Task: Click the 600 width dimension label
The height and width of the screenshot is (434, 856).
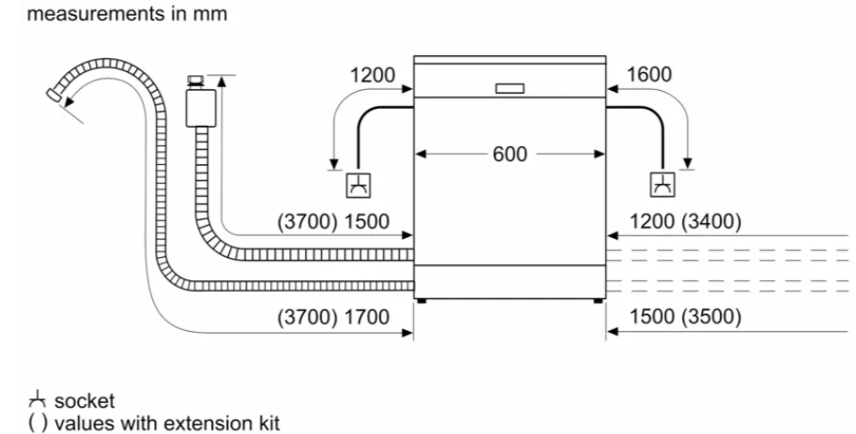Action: pyautogui.click(x=510, y=155)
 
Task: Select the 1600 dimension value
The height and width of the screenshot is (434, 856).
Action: pyautogui.click(x=649, y=75)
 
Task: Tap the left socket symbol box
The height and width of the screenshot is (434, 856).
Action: pyautogui.click(x=359, y=186)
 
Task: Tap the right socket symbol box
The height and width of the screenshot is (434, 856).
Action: pyautogui.click(x=663, y=185)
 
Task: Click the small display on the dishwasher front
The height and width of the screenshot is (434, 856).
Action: pyautogui.click(x=510, y=88)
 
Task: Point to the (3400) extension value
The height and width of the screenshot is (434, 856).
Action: pyautogui.click(x=711, y=222)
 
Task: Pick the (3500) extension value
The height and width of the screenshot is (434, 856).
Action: pyautogui.click(x=711, y=317)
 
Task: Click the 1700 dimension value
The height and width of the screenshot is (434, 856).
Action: pyautogui.click(x=367, y=317)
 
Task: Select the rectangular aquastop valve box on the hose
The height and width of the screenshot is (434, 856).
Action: pyautogui.click(x=200, y=108)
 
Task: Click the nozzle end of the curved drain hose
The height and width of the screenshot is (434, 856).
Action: pyautogui.click(x=53, y=95)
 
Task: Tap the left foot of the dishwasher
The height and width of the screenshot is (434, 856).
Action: pyautogui.click(x=420, y=300)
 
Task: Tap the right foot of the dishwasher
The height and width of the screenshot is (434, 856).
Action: pyautogui.click(x=598, y=300)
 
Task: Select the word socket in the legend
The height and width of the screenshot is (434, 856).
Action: pyautogui.click(x=84, y=401)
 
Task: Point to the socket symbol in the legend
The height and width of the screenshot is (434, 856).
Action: pyautogui.click(x=38, y=399)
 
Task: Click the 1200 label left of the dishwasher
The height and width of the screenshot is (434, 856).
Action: pyautogui.click(x=373, y=75)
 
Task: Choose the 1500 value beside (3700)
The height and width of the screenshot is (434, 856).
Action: pyautogui.click(x=367, y=222)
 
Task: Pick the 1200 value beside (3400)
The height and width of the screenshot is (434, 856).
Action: pyautogui.click(x=651, y=222)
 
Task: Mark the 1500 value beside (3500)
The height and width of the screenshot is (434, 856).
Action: pyautogui.click(x=651, y=317)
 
